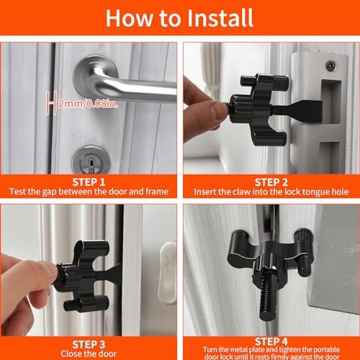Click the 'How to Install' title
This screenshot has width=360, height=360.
[x=179, y=18]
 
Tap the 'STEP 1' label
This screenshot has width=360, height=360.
[x=89, y=182]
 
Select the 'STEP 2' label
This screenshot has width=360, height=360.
[x=271, y=182]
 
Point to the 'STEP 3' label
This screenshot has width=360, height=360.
[x=89, y=344]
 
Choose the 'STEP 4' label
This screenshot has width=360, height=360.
[x=271, y=341]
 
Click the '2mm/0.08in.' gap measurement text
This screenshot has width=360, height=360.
[x=89, y=104]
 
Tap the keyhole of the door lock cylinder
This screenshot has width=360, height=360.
[x=91, y=163]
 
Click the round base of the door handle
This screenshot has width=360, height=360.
[x=96, y=74]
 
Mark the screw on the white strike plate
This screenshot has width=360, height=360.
[x=331, y=66]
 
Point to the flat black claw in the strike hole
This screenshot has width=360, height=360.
[x=297, y=111]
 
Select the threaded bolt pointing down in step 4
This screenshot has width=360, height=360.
[x=267, y=297]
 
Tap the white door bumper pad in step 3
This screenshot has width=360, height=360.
[x=168, y=273]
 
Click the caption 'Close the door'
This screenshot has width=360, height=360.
[x=89, y=354]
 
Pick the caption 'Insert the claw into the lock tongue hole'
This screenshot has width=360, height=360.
[x=271, y=192]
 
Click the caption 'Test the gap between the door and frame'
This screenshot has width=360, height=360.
[x=89, y=192]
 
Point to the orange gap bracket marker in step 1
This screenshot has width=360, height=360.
[x=51, y=103]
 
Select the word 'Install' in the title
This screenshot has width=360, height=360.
[x=220, y=18]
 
